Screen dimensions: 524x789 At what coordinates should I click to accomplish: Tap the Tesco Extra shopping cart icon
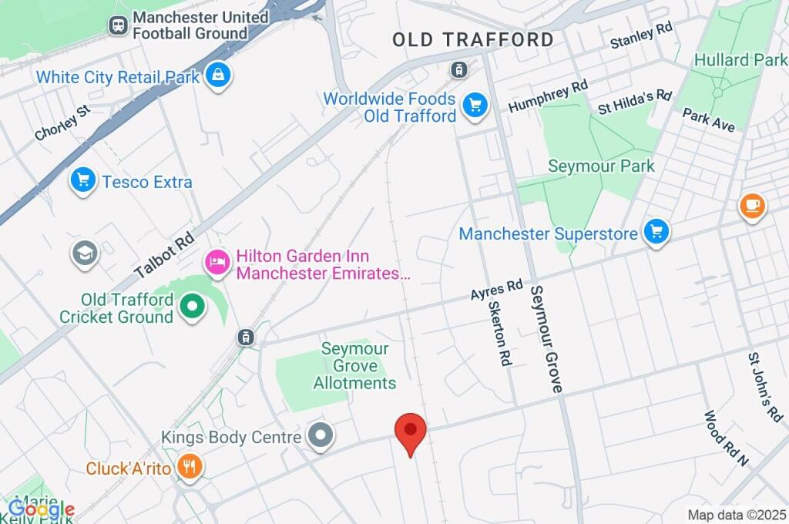pyautogui.click(x=82, y=181)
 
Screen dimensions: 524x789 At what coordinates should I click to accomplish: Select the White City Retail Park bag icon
pyautogui.click(x=220, y=76)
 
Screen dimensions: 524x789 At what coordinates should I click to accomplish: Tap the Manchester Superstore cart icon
pyautogui.click(x=656, y=231)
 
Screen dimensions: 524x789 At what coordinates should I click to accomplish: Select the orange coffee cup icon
pyautogui.click(x=752, y=206)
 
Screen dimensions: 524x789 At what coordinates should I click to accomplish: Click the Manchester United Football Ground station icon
pyautogui.click(x=117, y=25)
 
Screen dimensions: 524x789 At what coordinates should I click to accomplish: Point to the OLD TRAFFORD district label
pyautogui.click(x=472, y=40)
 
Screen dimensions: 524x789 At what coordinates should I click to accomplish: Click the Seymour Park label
pyautogui.click(x=601, y=166)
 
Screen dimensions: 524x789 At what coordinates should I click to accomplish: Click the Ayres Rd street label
pyautogui.click(x=497, y=291)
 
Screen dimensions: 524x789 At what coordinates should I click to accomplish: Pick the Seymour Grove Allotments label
pyautogui.click(x=355, y=366)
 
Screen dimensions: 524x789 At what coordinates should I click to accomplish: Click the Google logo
pyautogui.click(x=41, y=509)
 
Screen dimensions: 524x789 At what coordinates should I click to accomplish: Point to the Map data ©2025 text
pyautogui.click(x=736, y=514)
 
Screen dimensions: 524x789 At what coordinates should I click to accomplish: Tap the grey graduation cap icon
pyautogui.click(x=85, y=254)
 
